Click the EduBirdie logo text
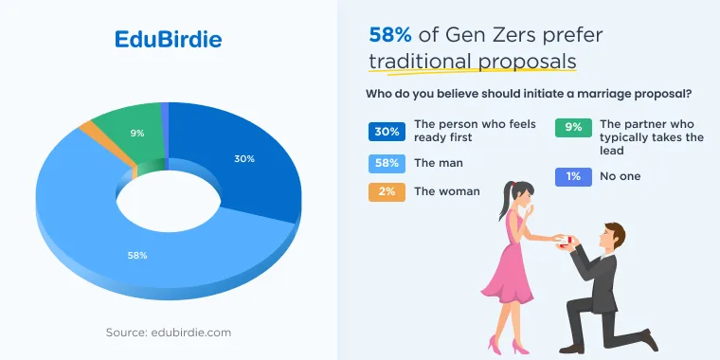pos(168,40)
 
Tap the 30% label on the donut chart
pos(244,159)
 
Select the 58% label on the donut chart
pos(137,255)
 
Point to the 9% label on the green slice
pos(136,134)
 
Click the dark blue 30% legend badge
pos(387,132)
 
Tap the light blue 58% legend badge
pos(387,164)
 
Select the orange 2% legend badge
pos(387,192)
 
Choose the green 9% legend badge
pos(573,128)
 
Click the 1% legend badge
pos(573,177)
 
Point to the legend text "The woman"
pos(447,191)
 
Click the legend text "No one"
pos(620,176)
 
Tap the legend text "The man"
pos(439,163)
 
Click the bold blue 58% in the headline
pos(390,35)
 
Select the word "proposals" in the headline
pos(527,62)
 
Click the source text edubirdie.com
pos(191,333)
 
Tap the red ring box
pos(568,240)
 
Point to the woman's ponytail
pos(505,201)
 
